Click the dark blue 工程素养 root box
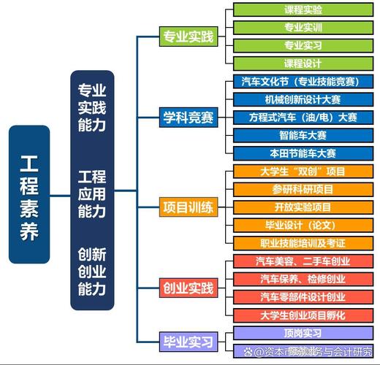(29, 194)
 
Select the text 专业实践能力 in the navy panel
(92, 107)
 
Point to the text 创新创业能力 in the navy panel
(92, 272)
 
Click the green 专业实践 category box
(189, 36)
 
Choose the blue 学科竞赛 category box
(189, 117)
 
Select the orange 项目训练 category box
(189, 207)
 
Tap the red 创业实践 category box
(189, 288)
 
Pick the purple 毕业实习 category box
(189, 341)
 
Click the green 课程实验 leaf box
(303, 10)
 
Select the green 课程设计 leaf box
(303, 64)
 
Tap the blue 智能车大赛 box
(303, 135)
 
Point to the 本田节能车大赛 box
(303, 153)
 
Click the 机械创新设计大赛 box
(303, 99)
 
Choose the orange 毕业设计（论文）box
(303, 225)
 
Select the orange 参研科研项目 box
(303, 189)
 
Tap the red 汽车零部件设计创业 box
(303, 297)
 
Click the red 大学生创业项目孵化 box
(303, 315)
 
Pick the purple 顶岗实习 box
(303, 333)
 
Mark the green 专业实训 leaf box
(303, 28)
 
